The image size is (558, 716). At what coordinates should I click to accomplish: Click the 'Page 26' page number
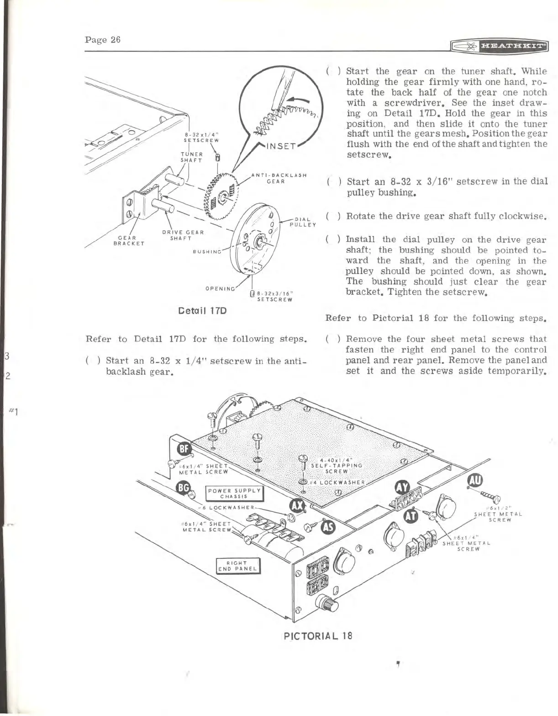(x=103, y=39)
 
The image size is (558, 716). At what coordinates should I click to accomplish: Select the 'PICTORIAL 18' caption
(x=318, y=635)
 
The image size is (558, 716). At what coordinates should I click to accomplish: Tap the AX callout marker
(x=298, y=506)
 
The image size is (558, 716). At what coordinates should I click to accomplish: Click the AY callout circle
(x=402, y=490)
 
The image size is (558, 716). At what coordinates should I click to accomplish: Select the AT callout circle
(x=412, y=514)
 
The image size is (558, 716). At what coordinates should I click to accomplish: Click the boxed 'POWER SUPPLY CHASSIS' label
(x=234, y=494)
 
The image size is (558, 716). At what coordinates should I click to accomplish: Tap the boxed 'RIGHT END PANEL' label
(x=237, y=566)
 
